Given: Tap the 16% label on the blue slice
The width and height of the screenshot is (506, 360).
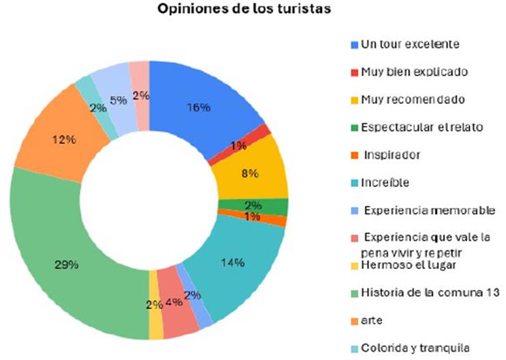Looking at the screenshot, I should tap(198, 107).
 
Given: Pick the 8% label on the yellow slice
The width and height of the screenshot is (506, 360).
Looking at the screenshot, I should tap(249, 174).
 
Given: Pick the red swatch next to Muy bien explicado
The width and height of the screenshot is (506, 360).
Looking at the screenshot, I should tap(354, 72).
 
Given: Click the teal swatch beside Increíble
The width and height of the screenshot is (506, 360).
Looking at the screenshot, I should tap(354, 183).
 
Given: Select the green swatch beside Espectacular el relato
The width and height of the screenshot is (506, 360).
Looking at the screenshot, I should tap(354, 127).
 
